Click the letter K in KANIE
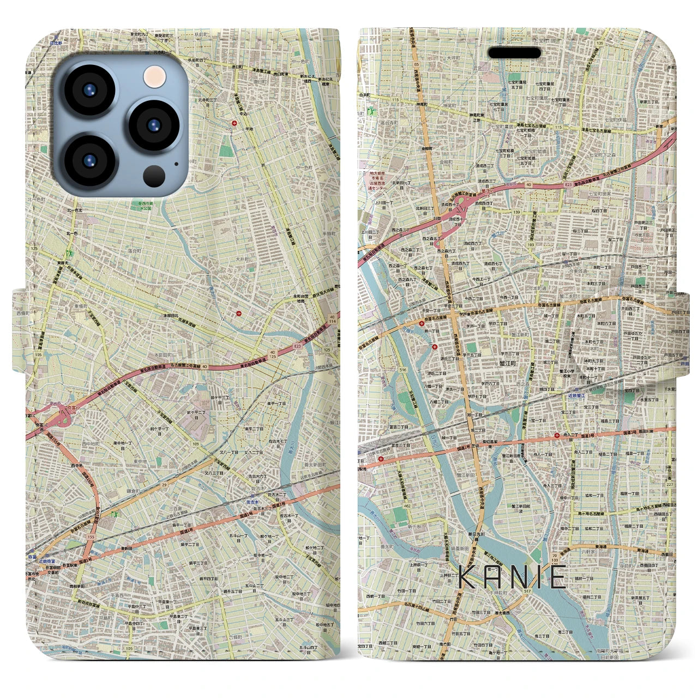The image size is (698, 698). [x=468, y=577]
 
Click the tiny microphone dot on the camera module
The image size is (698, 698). [x=176, y=163]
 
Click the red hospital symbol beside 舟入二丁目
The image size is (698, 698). [x=556, y=436]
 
